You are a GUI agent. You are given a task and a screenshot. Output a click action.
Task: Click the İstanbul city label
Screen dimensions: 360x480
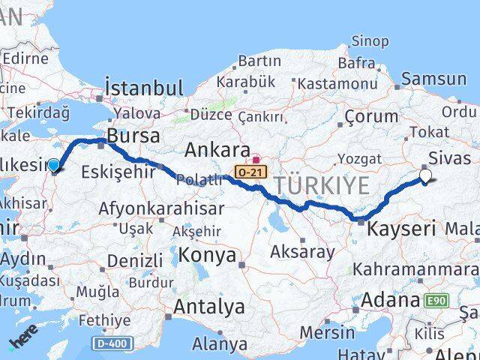click(x=144, y=88)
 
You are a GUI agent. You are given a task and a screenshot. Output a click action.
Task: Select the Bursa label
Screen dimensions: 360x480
click(x=133, y=136)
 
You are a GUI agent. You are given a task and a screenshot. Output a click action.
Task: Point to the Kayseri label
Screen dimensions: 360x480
click(x=401, y=229)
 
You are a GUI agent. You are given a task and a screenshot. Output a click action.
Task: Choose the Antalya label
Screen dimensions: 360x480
click(x=209, y=307)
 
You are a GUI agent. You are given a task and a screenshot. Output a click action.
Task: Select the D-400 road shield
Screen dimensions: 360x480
click(x=116, y=343)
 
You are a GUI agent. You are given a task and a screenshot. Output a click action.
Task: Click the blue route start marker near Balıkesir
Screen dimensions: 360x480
click(x=54, y=165)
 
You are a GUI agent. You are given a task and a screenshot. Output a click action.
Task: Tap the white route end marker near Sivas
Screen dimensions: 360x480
click(x=426, y=177)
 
